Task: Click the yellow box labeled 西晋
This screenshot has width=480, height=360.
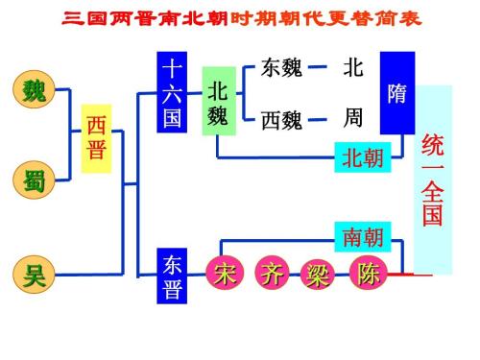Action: point(97,138)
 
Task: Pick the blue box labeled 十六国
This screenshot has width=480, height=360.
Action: point(172,94)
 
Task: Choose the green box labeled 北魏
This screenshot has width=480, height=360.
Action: point(218,103)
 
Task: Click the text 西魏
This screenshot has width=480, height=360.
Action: point(281,122)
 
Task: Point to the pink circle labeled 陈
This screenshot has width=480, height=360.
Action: point(369,274)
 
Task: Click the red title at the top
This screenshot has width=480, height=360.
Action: point(240,18)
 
